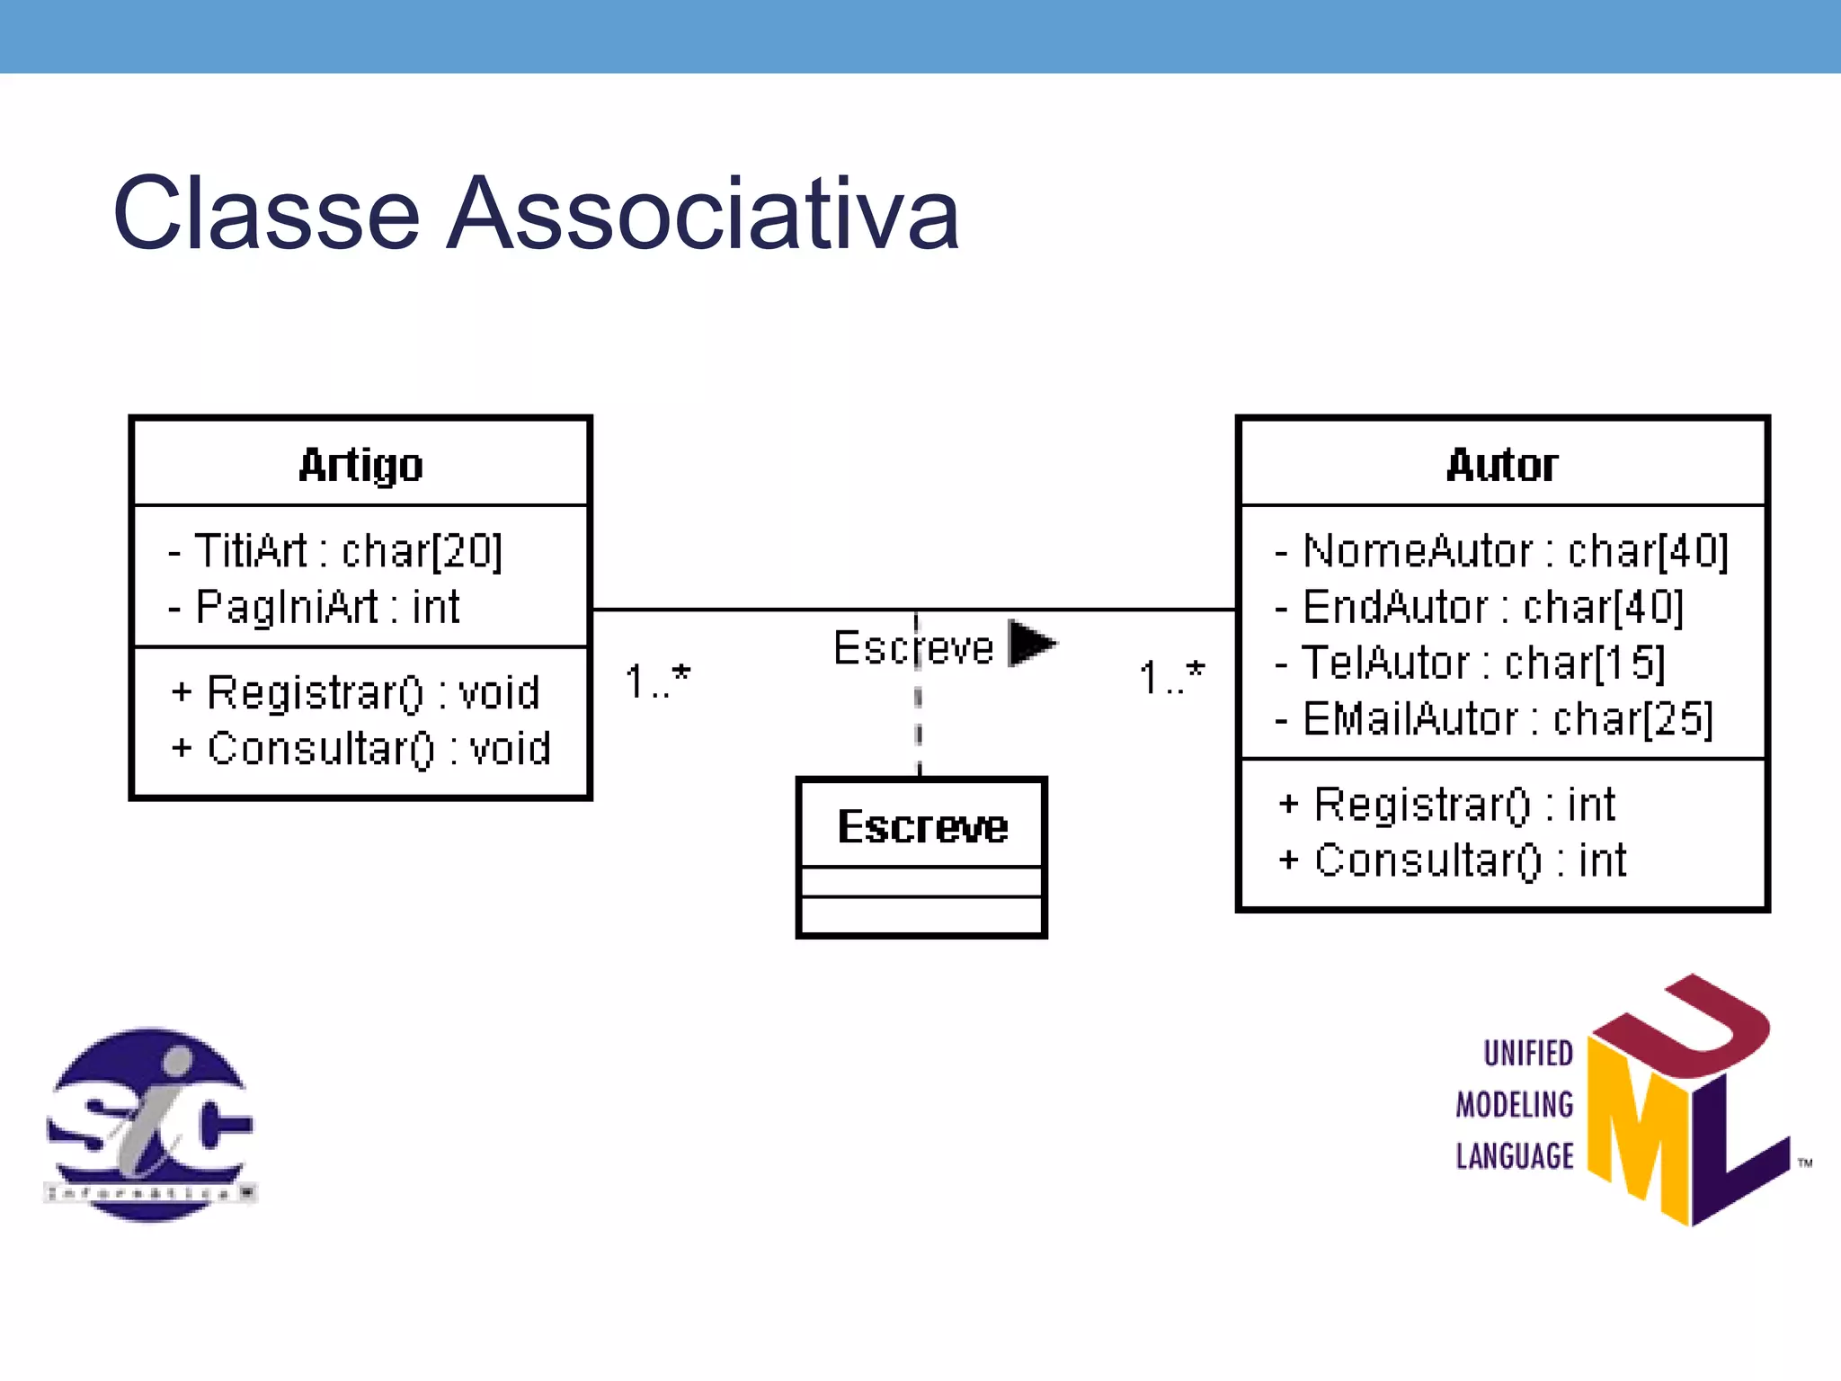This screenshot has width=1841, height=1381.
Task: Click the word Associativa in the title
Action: tap(703, 214)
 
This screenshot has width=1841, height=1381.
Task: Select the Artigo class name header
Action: tap(360, 465)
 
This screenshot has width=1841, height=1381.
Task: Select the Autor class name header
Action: tap(1501, 465)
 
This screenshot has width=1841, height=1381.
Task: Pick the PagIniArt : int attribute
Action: tap(315, 607)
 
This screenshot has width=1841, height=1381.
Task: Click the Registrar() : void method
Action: tap(356, 692)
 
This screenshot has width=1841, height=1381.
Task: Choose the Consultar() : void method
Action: tap(361, 748)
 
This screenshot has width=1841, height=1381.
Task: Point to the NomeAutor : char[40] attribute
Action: tap(1501, 550)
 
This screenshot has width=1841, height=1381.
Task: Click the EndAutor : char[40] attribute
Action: tap(1480, 607)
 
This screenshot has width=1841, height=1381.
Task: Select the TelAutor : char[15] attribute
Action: tap(1471, 663)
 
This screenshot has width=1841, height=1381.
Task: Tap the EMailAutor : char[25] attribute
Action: tap(1494, 718)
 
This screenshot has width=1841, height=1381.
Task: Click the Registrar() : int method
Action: tap(1447, 804)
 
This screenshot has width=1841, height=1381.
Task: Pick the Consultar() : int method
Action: tap(1453, 860)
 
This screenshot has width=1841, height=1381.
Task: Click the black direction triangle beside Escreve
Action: tap(1030, 643)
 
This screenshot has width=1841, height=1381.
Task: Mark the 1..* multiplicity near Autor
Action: tap(1171, 676)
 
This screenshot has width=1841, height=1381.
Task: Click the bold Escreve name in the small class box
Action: tap(922, 826)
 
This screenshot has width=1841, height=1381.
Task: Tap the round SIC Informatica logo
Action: tap(150, 1124)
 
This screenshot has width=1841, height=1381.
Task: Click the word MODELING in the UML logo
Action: tap(1515, 1104)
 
